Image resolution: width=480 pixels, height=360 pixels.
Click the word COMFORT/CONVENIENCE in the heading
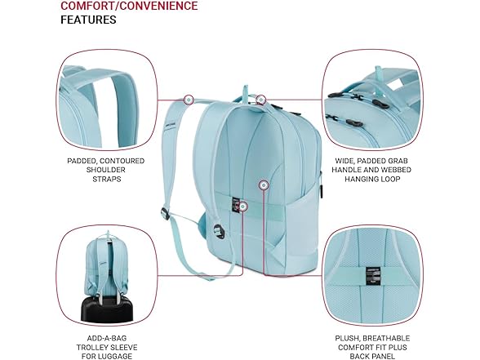[x=129, y=7]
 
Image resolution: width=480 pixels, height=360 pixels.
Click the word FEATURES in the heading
[x=88, y=20]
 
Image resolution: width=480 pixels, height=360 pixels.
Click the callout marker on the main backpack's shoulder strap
[x=189, y=100]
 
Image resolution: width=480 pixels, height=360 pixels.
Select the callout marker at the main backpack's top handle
[x=260, y=100]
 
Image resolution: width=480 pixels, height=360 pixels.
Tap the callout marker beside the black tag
[x=242, y=207]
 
